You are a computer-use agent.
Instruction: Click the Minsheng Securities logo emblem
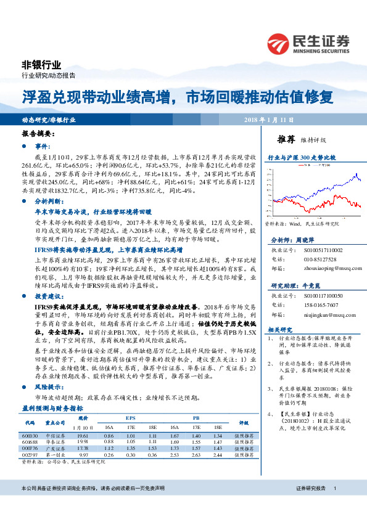click(281, 43)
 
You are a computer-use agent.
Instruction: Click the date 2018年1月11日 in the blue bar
click(269, 120)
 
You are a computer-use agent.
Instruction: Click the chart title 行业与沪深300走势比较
click(302, 158)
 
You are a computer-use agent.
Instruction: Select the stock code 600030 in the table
click(30, 418)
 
